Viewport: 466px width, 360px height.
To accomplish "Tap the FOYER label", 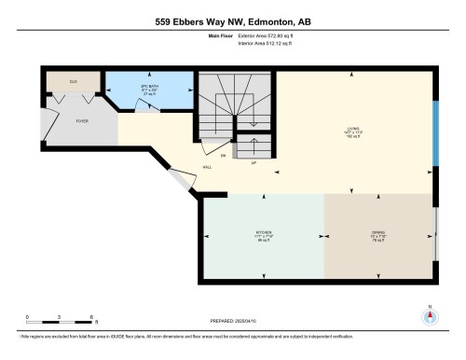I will coord(82,120).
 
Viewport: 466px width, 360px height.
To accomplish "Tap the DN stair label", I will coord(224,155).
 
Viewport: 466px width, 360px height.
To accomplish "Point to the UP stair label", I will coord(254,162).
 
